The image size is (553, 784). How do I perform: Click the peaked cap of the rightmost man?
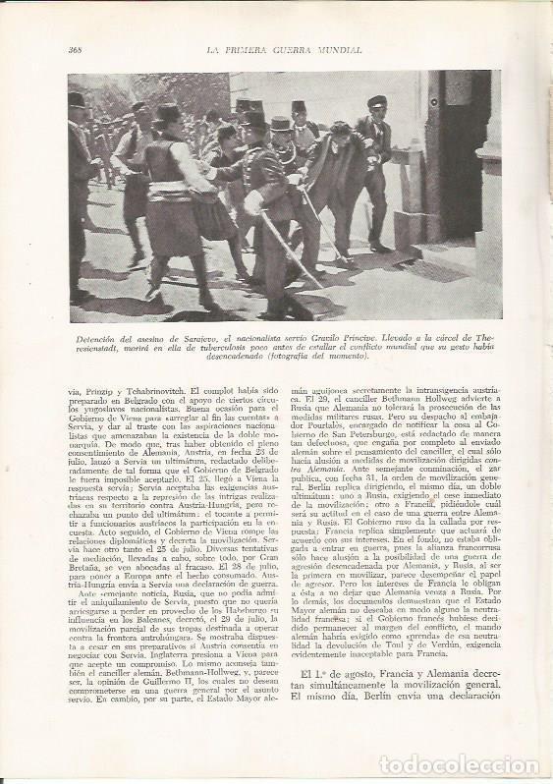377,101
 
